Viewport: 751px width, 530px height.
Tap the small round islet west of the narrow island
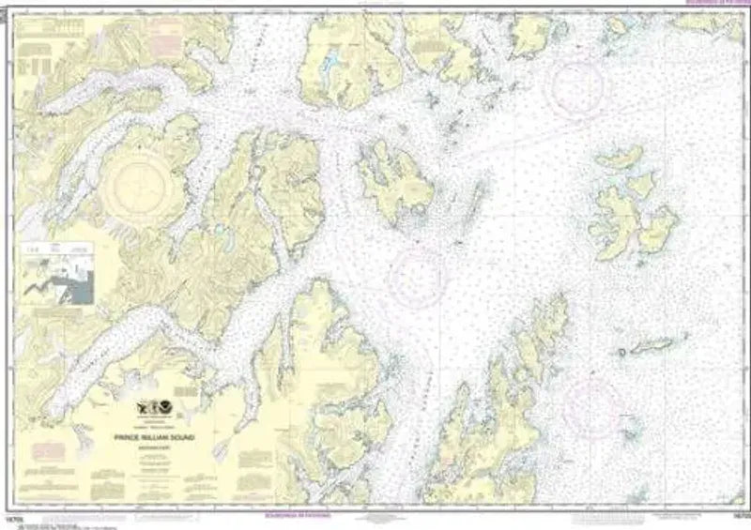click(621, 353)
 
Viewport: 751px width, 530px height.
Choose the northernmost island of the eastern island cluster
click(621, 159)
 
